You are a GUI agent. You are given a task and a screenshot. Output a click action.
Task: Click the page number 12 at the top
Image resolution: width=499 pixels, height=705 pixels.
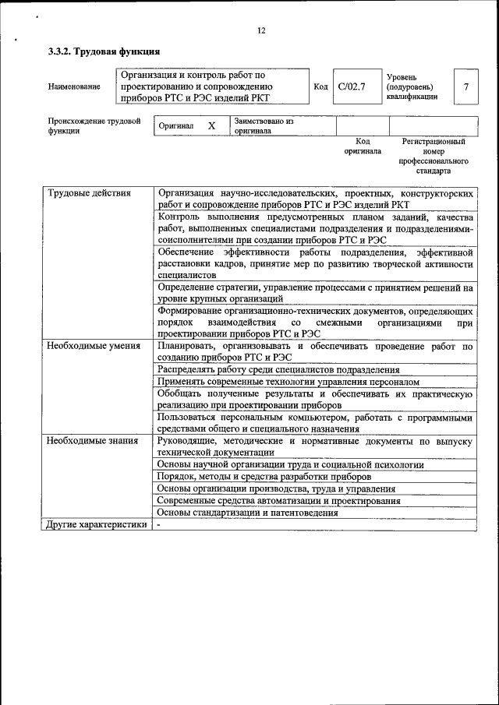[261, 30]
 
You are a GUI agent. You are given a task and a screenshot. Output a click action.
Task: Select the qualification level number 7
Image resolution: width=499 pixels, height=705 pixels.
[465, 86]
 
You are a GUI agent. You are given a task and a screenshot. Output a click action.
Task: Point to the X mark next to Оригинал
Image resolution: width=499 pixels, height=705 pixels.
[211, 125]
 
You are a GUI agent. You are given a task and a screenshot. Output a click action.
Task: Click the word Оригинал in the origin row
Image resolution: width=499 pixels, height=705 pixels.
[175, 125]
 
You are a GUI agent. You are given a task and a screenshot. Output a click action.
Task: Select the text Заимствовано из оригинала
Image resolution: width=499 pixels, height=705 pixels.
[264, 126]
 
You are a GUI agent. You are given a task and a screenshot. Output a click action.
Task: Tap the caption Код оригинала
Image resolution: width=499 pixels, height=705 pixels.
[363, 146]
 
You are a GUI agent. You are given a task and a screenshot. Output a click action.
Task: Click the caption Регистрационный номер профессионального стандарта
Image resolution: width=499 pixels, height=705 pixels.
[434, 156]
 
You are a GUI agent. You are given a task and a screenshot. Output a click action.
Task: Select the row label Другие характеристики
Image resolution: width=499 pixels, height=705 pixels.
[96, 524]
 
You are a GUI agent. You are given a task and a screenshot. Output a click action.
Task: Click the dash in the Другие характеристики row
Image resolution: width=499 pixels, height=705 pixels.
[158, 524]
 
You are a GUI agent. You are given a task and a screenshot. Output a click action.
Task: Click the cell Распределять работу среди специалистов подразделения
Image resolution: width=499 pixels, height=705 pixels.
[278, 370]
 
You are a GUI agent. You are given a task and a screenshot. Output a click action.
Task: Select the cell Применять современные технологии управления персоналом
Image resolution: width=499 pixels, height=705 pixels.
[288, 382]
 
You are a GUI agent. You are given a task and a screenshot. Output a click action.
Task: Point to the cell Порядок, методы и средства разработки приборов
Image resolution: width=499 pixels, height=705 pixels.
[264, 476]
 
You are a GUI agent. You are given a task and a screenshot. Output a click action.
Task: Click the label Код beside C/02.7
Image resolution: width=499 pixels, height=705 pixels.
[320, 86]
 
